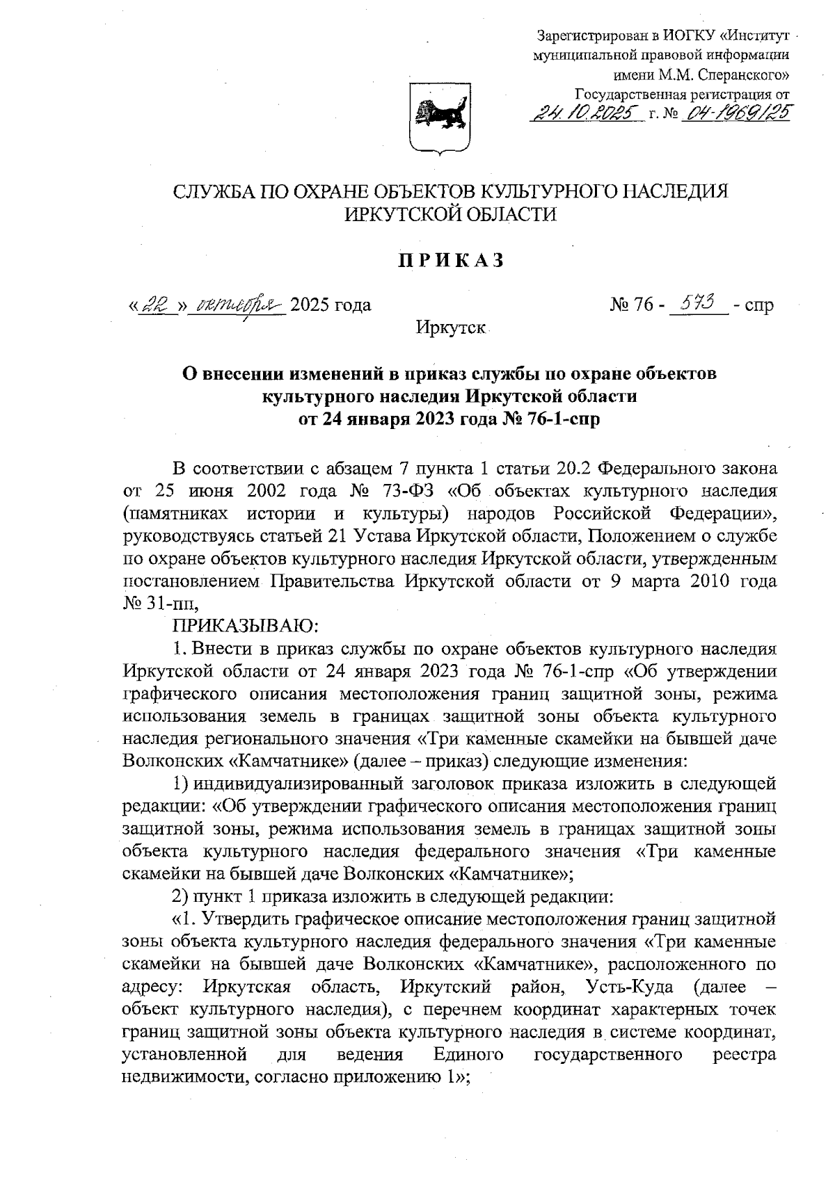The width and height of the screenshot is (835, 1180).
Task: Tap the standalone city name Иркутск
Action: point(450,327)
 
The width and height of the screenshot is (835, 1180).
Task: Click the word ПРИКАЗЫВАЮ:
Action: point(245,627)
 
